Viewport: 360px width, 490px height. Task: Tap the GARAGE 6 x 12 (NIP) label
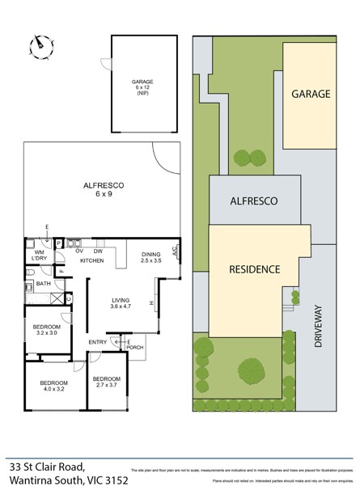142,87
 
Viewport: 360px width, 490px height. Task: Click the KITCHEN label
91,261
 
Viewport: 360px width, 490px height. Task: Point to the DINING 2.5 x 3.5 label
151,258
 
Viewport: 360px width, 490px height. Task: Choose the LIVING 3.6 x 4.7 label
120,304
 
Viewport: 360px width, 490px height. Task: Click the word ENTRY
97,342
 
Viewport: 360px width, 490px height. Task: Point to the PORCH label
135,348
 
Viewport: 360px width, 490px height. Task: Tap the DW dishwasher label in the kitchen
98,251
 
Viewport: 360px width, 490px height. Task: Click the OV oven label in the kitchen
80,251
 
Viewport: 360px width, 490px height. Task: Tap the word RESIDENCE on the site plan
254,269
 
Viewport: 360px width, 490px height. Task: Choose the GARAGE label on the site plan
311,94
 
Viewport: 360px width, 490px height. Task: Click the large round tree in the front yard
253,371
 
